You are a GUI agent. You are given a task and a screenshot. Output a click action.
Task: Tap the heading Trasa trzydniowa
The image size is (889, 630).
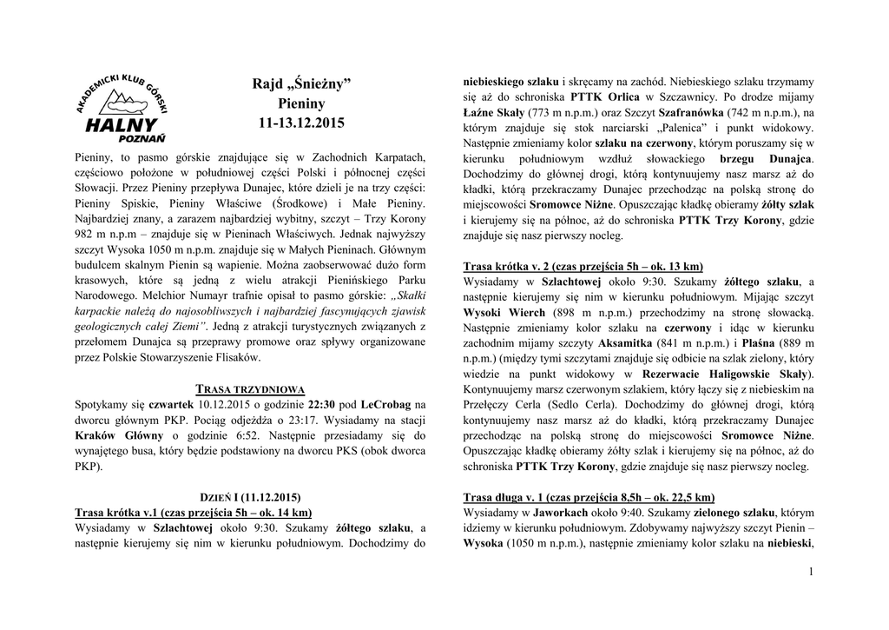[251, 388]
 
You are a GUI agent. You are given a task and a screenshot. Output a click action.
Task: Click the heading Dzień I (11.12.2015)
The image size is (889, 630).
[251, 497]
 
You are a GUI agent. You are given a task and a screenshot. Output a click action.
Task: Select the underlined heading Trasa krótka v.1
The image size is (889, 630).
[193, 512]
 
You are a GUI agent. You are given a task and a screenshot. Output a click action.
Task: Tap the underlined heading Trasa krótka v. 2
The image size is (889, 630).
[583, 266]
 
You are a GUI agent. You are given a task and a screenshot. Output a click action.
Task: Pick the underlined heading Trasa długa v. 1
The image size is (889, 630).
[589, 497]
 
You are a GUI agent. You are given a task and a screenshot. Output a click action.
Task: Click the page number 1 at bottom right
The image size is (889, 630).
[809, 571]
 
